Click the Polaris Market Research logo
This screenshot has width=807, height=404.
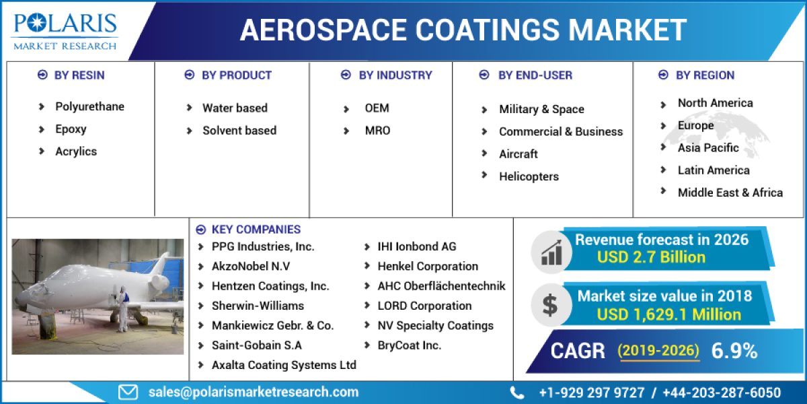[65, 30]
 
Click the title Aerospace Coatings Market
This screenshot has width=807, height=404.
[463, 30]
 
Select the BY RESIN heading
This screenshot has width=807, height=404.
[79, 75]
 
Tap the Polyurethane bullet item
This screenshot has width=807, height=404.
[89, 106]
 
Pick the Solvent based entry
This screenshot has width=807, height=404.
[239, 131]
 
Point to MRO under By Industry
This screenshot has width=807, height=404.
[377, 131]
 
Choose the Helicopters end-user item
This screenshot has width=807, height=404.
[529, 176]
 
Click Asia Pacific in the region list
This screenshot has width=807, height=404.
[708, 148]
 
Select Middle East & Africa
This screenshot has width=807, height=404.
[730, 193]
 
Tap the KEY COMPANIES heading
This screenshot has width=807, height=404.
[256, 230]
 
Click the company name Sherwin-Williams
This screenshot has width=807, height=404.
[258, 306]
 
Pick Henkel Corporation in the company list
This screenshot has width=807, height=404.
[428, 267]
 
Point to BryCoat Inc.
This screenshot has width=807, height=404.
[410, 345]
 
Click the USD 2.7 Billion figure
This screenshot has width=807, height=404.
[651, 257]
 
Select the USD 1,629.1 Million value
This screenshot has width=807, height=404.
[668, 314]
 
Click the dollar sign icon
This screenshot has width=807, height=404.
[550, 306]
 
